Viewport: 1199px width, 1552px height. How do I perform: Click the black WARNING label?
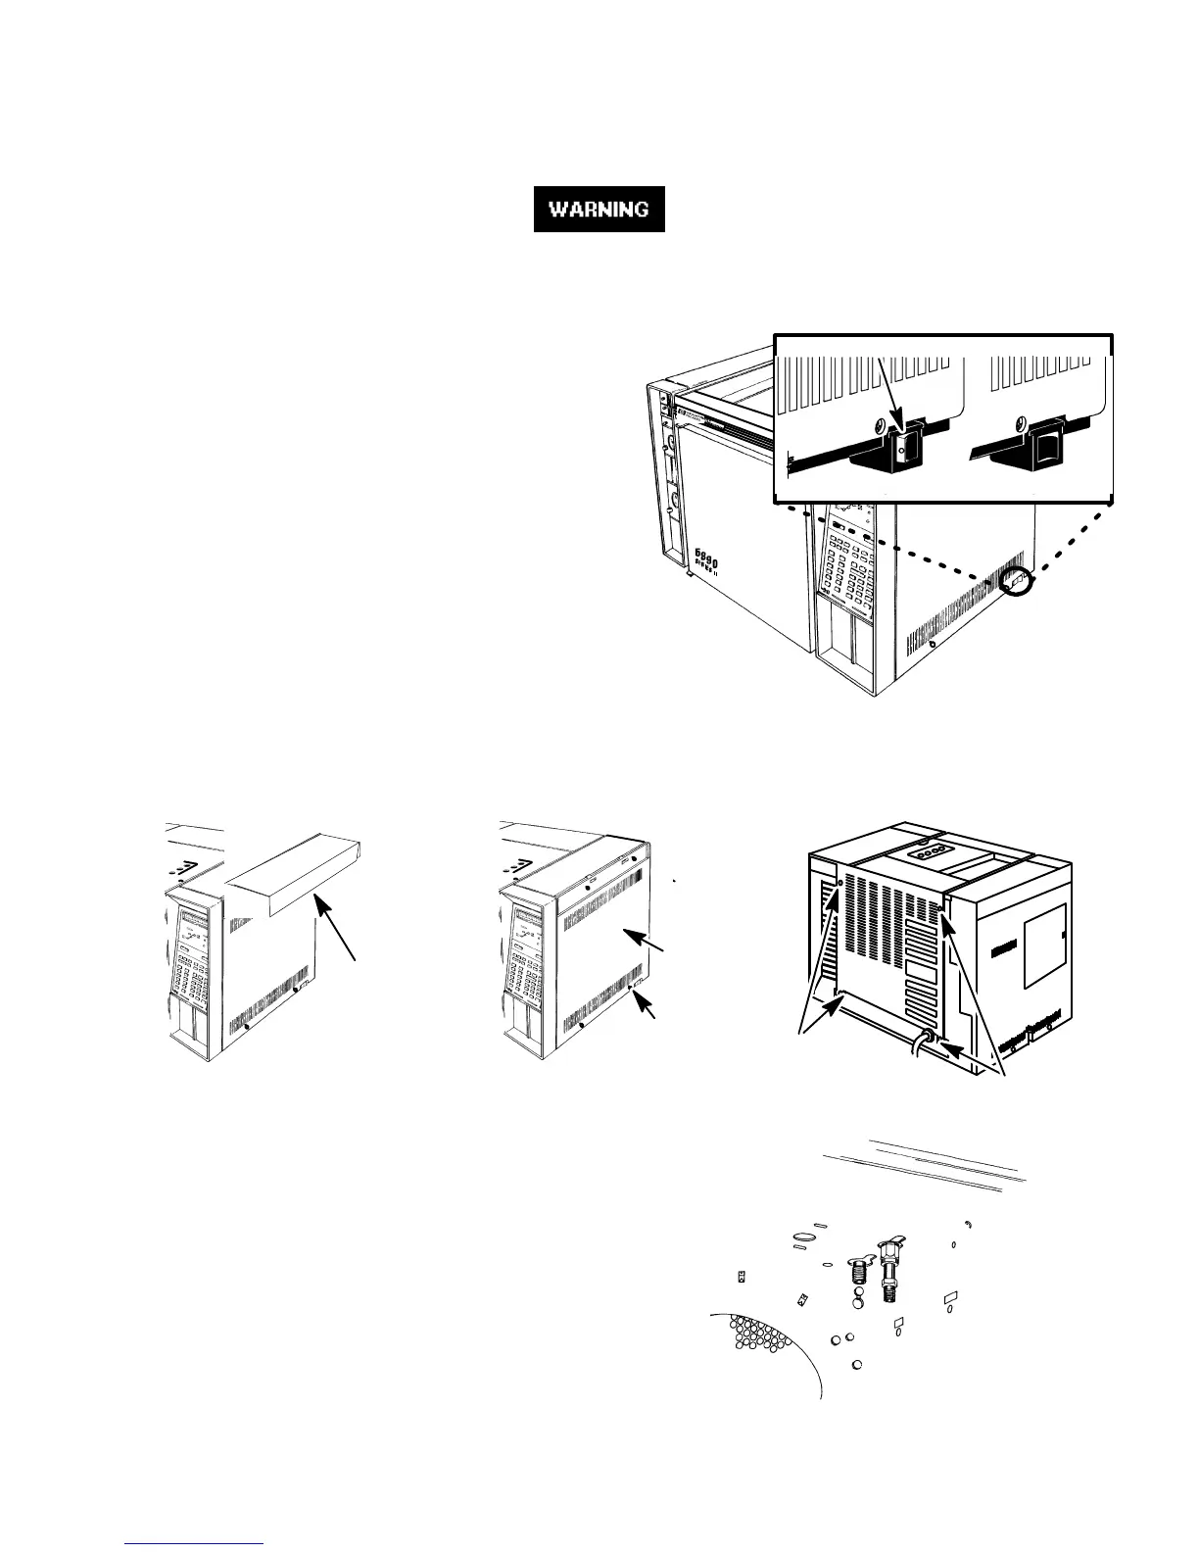pyautogui.click(x=599, y=209)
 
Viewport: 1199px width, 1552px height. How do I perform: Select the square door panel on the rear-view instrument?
pyautogui.click(x=1044, y=946)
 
